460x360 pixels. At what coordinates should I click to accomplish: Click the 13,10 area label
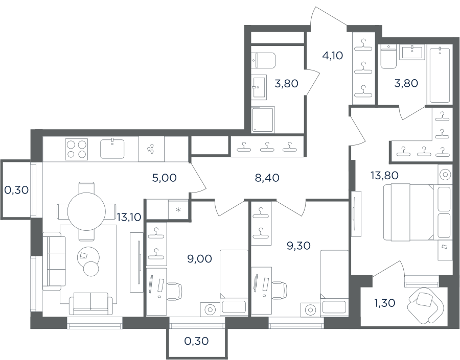click(x=129, y=217)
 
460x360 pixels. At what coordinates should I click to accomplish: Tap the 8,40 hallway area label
click(x=267, y=178)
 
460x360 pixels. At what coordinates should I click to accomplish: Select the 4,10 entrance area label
click(x=332, y=55)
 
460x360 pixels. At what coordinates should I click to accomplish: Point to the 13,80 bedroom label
click(x=384, y=175)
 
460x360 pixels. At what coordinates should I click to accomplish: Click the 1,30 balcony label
click(x=384, y=303)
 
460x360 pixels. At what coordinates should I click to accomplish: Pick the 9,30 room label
click(x=298, y=246)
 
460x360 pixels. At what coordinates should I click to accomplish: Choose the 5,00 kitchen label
click(x=164, y=178)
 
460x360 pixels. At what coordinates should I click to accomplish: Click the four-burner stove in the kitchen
click(x=77, y=149)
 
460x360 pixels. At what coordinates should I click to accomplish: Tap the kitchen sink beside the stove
click(x=112, y=149)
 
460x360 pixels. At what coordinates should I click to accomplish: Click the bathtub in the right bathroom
click(x=440, y=75)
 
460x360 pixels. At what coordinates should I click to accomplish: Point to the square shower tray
click(x=263, y=119)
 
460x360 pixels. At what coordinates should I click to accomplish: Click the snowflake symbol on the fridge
click(x=178, y=209)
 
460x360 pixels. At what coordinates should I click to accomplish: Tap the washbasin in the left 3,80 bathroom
click(x=259, y=87)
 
